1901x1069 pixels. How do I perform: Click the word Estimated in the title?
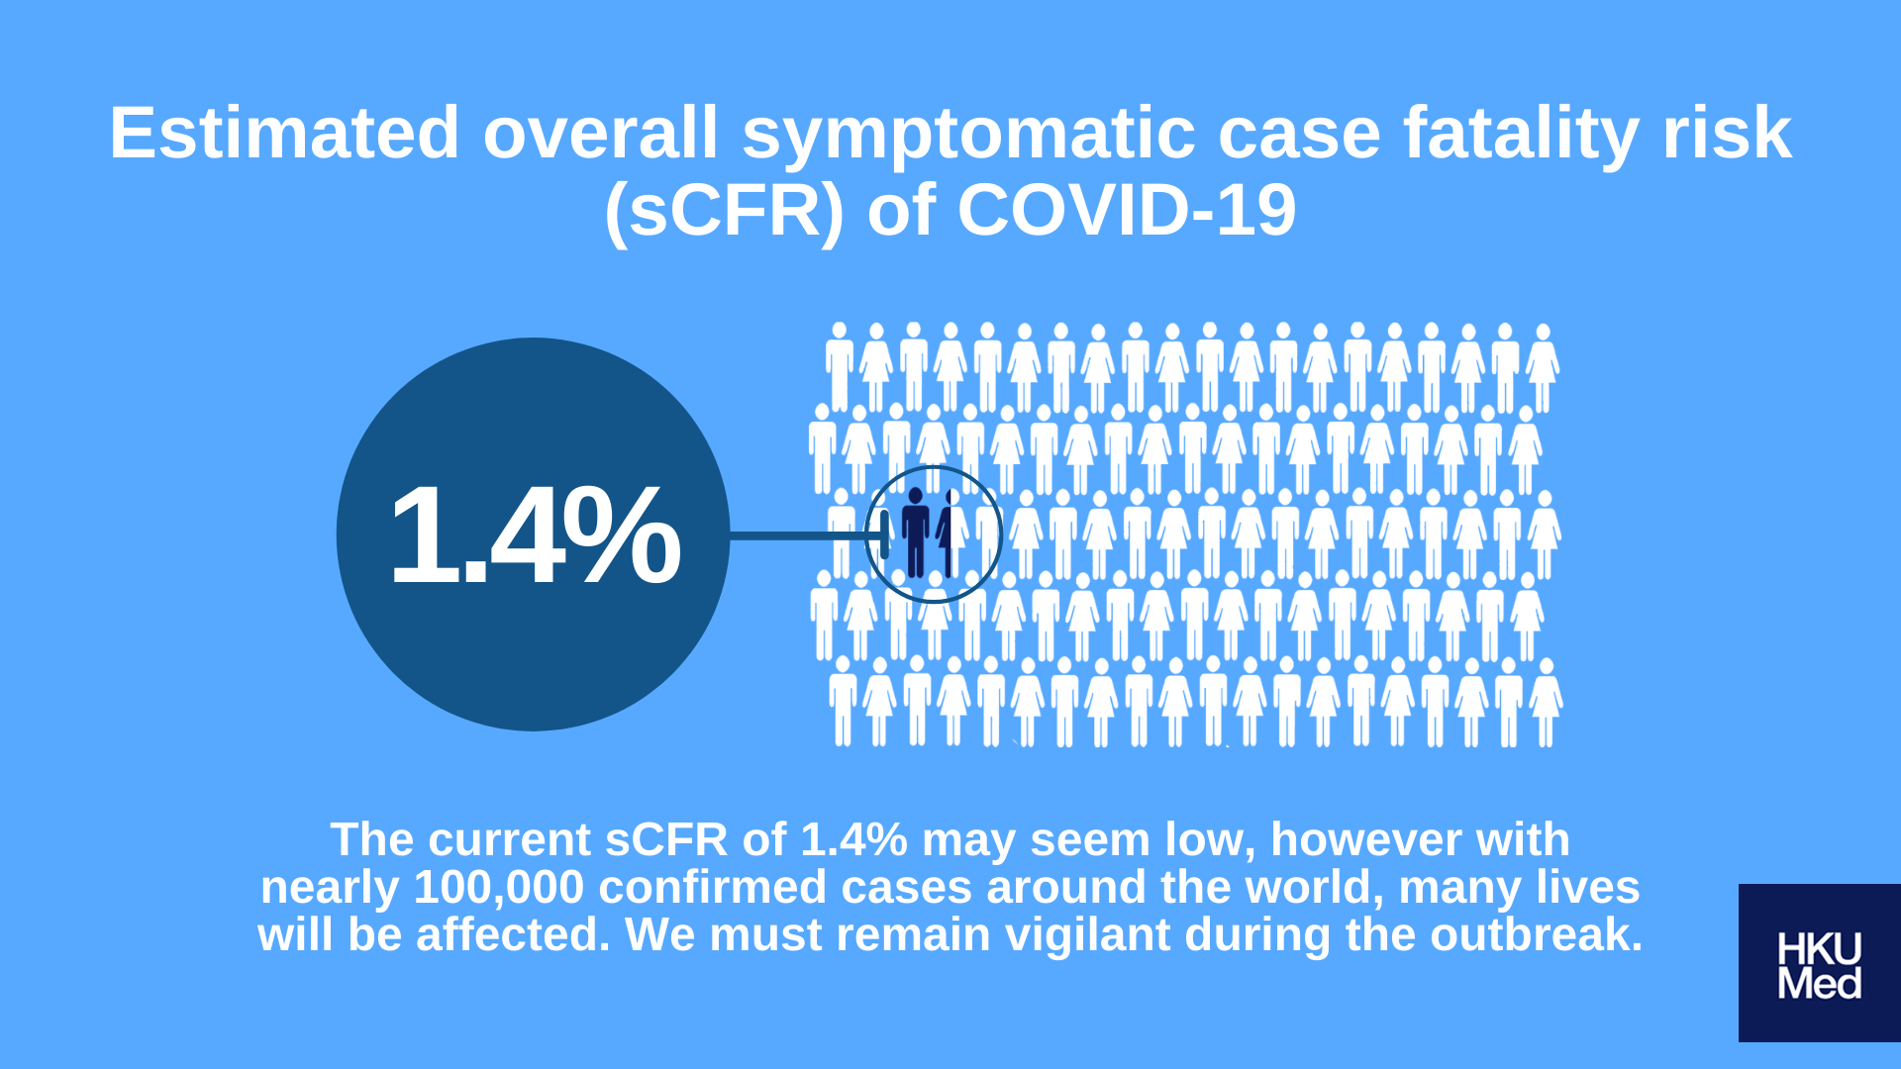284,134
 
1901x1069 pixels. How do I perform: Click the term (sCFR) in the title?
724,211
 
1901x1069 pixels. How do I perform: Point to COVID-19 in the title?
1126,211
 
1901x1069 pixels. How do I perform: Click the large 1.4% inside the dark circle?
535,535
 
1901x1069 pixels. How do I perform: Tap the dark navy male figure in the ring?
915,532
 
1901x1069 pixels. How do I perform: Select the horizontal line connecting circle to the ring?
808,535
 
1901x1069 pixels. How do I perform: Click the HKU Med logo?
1820,963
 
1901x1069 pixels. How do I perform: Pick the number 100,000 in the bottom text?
499,887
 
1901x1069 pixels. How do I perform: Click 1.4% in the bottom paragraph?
853,839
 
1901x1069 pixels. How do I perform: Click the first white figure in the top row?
840,366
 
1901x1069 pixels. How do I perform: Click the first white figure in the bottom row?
843,701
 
